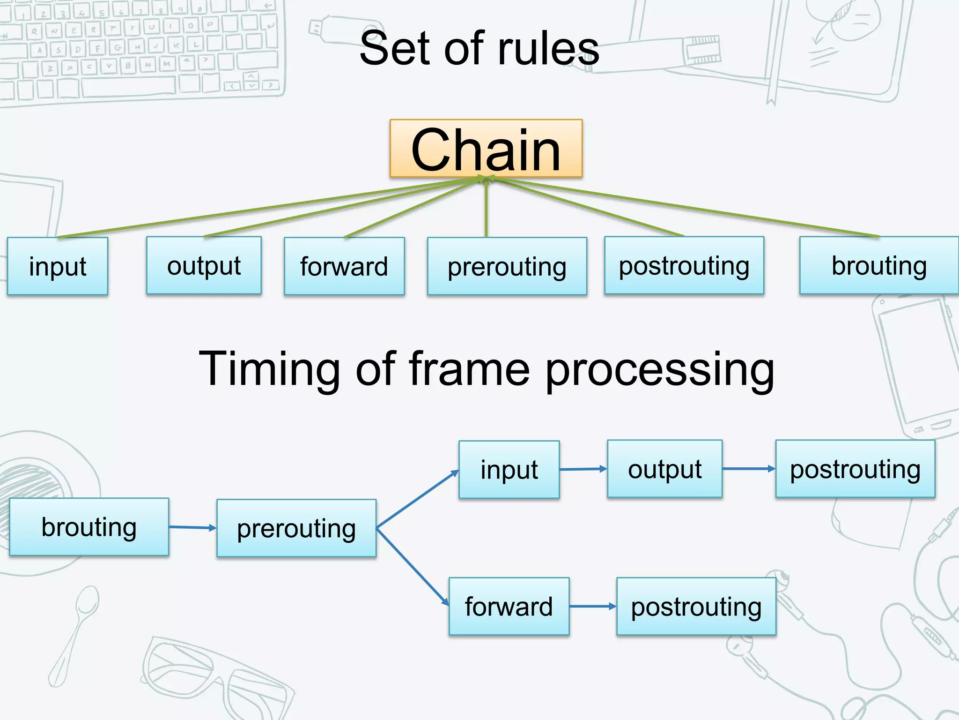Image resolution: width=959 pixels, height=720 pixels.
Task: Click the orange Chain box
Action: [x=486, y=149]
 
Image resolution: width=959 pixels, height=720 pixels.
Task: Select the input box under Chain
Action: [x=58, y=266]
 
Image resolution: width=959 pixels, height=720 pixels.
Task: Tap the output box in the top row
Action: [x=204, y=265]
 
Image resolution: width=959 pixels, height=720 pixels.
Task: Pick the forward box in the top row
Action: [x=344, y=266]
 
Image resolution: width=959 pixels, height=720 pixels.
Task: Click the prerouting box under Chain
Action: [x=507, y=266]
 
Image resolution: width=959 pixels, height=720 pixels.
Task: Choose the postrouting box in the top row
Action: [x=684, y=265]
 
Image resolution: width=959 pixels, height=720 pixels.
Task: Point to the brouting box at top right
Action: [x=878, y=265]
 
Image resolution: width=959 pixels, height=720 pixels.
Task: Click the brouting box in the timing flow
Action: [x=89, y=527]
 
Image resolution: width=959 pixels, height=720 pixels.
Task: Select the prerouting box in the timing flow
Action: [x=296, y=528]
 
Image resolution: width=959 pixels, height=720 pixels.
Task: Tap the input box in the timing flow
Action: [x=509, y=469]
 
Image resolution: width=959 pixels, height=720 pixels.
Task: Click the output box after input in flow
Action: [x=664, y=469]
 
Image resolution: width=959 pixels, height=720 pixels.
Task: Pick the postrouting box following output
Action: [x=855, y=469]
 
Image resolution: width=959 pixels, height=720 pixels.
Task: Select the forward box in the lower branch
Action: [x=509, y=606]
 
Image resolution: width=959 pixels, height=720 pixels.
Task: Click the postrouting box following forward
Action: [x=696, y=606]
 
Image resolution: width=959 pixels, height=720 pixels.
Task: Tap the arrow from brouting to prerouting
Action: [x=192, y=528]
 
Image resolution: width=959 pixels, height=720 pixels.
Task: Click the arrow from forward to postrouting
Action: [x=593, y=606]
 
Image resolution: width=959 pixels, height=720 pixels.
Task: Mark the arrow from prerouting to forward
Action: [x=412, y=566]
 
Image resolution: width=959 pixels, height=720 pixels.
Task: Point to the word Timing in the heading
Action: [x=269, y=369]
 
